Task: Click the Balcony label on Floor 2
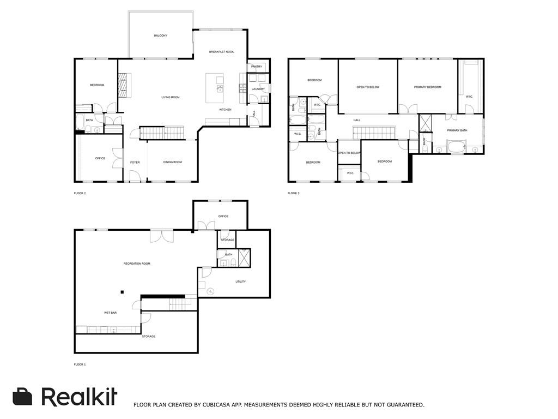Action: [x=161, y=35]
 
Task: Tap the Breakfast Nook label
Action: [x=221, y=52]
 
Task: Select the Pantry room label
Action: [x=257, y=67]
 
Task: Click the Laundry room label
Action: [x=258, y=89]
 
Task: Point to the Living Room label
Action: [x=171, y=97]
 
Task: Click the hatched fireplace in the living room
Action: [x=123, y=85]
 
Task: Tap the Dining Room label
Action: [x=173, y=162]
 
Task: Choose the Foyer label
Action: [x=135, y=163]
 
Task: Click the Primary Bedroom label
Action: [x=427, y=87]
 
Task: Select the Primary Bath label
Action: [x=457, y=130]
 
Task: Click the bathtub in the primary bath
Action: [x=456, y=147]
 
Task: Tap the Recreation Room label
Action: [x=137, y=264]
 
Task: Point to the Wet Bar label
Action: [x=110, y=313]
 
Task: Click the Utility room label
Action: [x=240, y=282]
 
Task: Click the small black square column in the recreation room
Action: [x=122, y=292]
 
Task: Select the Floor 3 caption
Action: [x=294, y=194]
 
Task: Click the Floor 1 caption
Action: [x=80, y=364]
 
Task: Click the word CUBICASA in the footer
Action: [x=216, y=405]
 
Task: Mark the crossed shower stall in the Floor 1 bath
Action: [x=244, y=258]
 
